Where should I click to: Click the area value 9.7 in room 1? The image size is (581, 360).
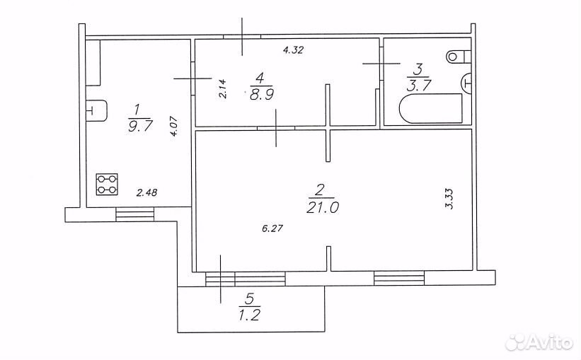click(x=140, y=126)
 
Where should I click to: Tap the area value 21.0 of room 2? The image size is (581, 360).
click(x=323, y=207)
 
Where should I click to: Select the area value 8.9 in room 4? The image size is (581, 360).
click(x=261, y=95)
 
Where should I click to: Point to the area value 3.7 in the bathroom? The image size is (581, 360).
click(x=419, y=85)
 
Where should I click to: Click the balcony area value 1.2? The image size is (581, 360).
click(x=250, y=315)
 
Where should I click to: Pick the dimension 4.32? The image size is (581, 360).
click(x=293, y=50)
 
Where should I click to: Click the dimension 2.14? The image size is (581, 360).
click(x=222, y=89)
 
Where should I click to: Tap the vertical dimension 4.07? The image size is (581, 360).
click(x=175, y=127)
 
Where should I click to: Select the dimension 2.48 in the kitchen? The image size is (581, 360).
click(x=146, y=192)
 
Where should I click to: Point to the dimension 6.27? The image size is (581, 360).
click(x=272, y=228)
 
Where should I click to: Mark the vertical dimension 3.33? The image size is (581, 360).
click(x=449, y=199)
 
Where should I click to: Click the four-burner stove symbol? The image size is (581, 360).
click(x=107, y=185)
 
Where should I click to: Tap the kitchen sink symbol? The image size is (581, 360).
click(x=97, y=110)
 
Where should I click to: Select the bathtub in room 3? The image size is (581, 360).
click(x=430, y=108)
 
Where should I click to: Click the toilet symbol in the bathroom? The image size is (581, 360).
click(x=459, y=57)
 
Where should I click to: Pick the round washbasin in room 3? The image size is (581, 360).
click(x=466, y=83)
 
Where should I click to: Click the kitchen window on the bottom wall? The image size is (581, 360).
click(x=135, y=214)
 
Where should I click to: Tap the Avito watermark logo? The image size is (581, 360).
click(x=539, y=342)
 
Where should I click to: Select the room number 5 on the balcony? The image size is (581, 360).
click(x=250, y=298)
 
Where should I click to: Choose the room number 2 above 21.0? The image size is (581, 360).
click(x=319, y=191)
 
